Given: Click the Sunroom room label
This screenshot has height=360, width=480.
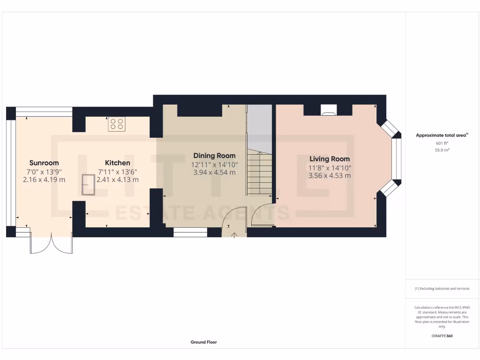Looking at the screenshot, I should pos(44,163).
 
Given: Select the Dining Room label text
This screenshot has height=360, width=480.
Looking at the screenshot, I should pos(214,156).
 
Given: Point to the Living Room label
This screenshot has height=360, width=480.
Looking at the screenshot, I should pos(330,159).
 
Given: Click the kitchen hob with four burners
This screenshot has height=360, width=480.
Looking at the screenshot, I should pos(117,124).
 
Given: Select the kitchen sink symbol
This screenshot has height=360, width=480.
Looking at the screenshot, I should pos(88,185).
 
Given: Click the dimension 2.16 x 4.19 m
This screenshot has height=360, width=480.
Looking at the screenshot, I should pos(44,180).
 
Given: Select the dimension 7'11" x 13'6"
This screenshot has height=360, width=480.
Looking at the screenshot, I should pos(117,172).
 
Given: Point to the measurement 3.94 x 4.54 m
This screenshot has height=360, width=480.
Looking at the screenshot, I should pos(214,172).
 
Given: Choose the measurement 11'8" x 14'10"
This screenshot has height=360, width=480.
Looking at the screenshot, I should pos(330,168).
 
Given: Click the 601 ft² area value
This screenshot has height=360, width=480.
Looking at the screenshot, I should pos(442,143).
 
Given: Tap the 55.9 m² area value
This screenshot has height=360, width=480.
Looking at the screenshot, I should pos(442,150).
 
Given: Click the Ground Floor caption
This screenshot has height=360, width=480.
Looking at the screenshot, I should pos(203,342).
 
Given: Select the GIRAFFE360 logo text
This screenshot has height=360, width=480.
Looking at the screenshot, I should pos(442,336).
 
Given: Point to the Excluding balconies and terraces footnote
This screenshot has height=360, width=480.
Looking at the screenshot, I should pos(442,289).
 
